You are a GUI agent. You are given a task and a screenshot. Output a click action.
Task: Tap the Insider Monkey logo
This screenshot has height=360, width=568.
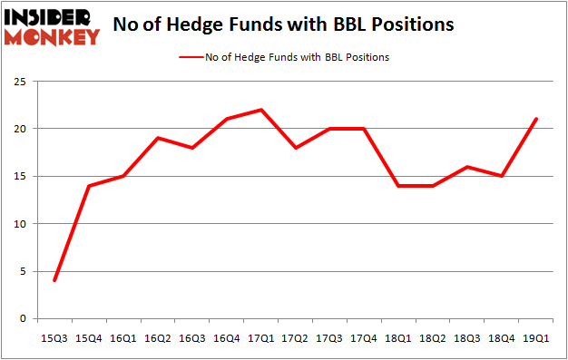point(52,26)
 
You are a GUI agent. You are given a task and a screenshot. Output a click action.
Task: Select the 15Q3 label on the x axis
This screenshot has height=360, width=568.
point(56,337)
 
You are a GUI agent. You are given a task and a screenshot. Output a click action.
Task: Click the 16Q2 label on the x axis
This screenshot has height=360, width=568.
point(158,337)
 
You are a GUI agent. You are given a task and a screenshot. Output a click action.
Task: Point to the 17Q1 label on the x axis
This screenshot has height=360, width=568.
point(260,337)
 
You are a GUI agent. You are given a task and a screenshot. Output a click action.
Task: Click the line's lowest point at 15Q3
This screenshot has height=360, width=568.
point(56,280)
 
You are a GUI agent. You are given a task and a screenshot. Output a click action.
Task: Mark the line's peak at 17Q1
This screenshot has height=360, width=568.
point(260,110)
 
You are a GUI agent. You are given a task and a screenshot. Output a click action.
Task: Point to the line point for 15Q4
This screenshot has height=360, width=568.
point(90,185)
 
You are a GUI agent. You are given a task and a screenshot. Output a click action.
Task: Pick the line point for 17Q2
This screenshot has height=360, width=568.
point(294,148)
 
